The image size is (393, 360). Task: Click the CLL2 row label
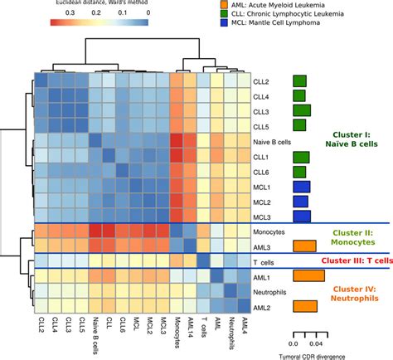point(261,81)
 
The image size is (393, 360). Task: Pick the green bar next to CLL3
point(303,111)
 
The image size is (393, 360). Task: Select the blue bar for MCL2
point(301,202)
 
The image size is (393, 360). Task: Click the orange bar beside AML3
point(304,246)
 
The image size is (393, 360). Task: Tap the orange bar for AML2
point(304,306)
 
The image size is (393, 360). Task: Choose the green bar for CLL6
point(300,172)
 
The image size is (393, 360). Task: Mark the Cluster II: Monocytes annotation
point(353,238)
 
